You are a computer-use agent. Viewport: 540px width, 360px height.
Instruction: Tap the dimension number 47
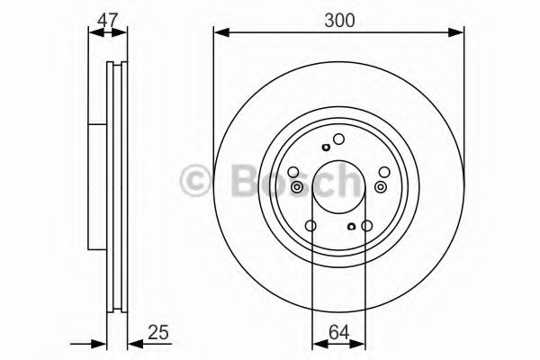106,17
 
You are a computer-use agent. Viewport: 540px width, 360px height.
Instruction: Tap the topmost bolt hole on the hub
339,139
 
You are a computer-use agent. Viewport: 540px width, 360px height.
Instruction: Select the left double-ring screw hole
297,187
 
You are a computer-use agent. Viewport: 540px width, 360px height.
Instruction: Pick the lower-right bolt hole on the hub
367,227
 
